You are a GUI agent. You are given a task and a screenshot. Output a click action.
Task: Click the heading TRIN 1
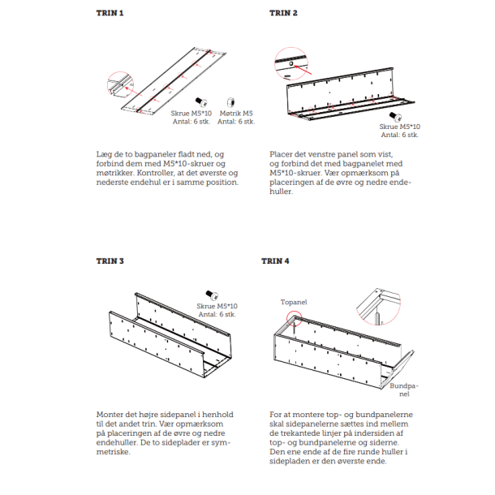coord(110,14)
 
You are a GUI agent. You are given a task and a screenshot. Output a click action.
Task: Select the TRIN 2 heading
coord(283,14)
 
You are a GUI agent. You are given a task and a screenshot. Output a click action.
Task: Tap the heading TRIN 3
coord(110,261)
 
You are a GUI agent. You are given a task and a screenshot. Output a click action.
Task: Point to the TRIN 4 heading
coord(275,261)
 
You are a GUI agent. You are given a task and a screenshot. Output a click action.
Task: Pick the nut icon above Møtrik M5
coord(232,101)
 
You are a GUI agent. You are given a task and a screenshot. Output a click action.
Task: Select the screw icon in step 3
coord(211,295)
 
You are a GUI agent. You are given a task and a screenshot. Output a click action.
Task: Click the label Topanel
coord(294,301)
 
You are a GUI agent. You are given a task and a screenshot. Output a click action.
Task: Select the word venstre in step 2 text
coord(319,153)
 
